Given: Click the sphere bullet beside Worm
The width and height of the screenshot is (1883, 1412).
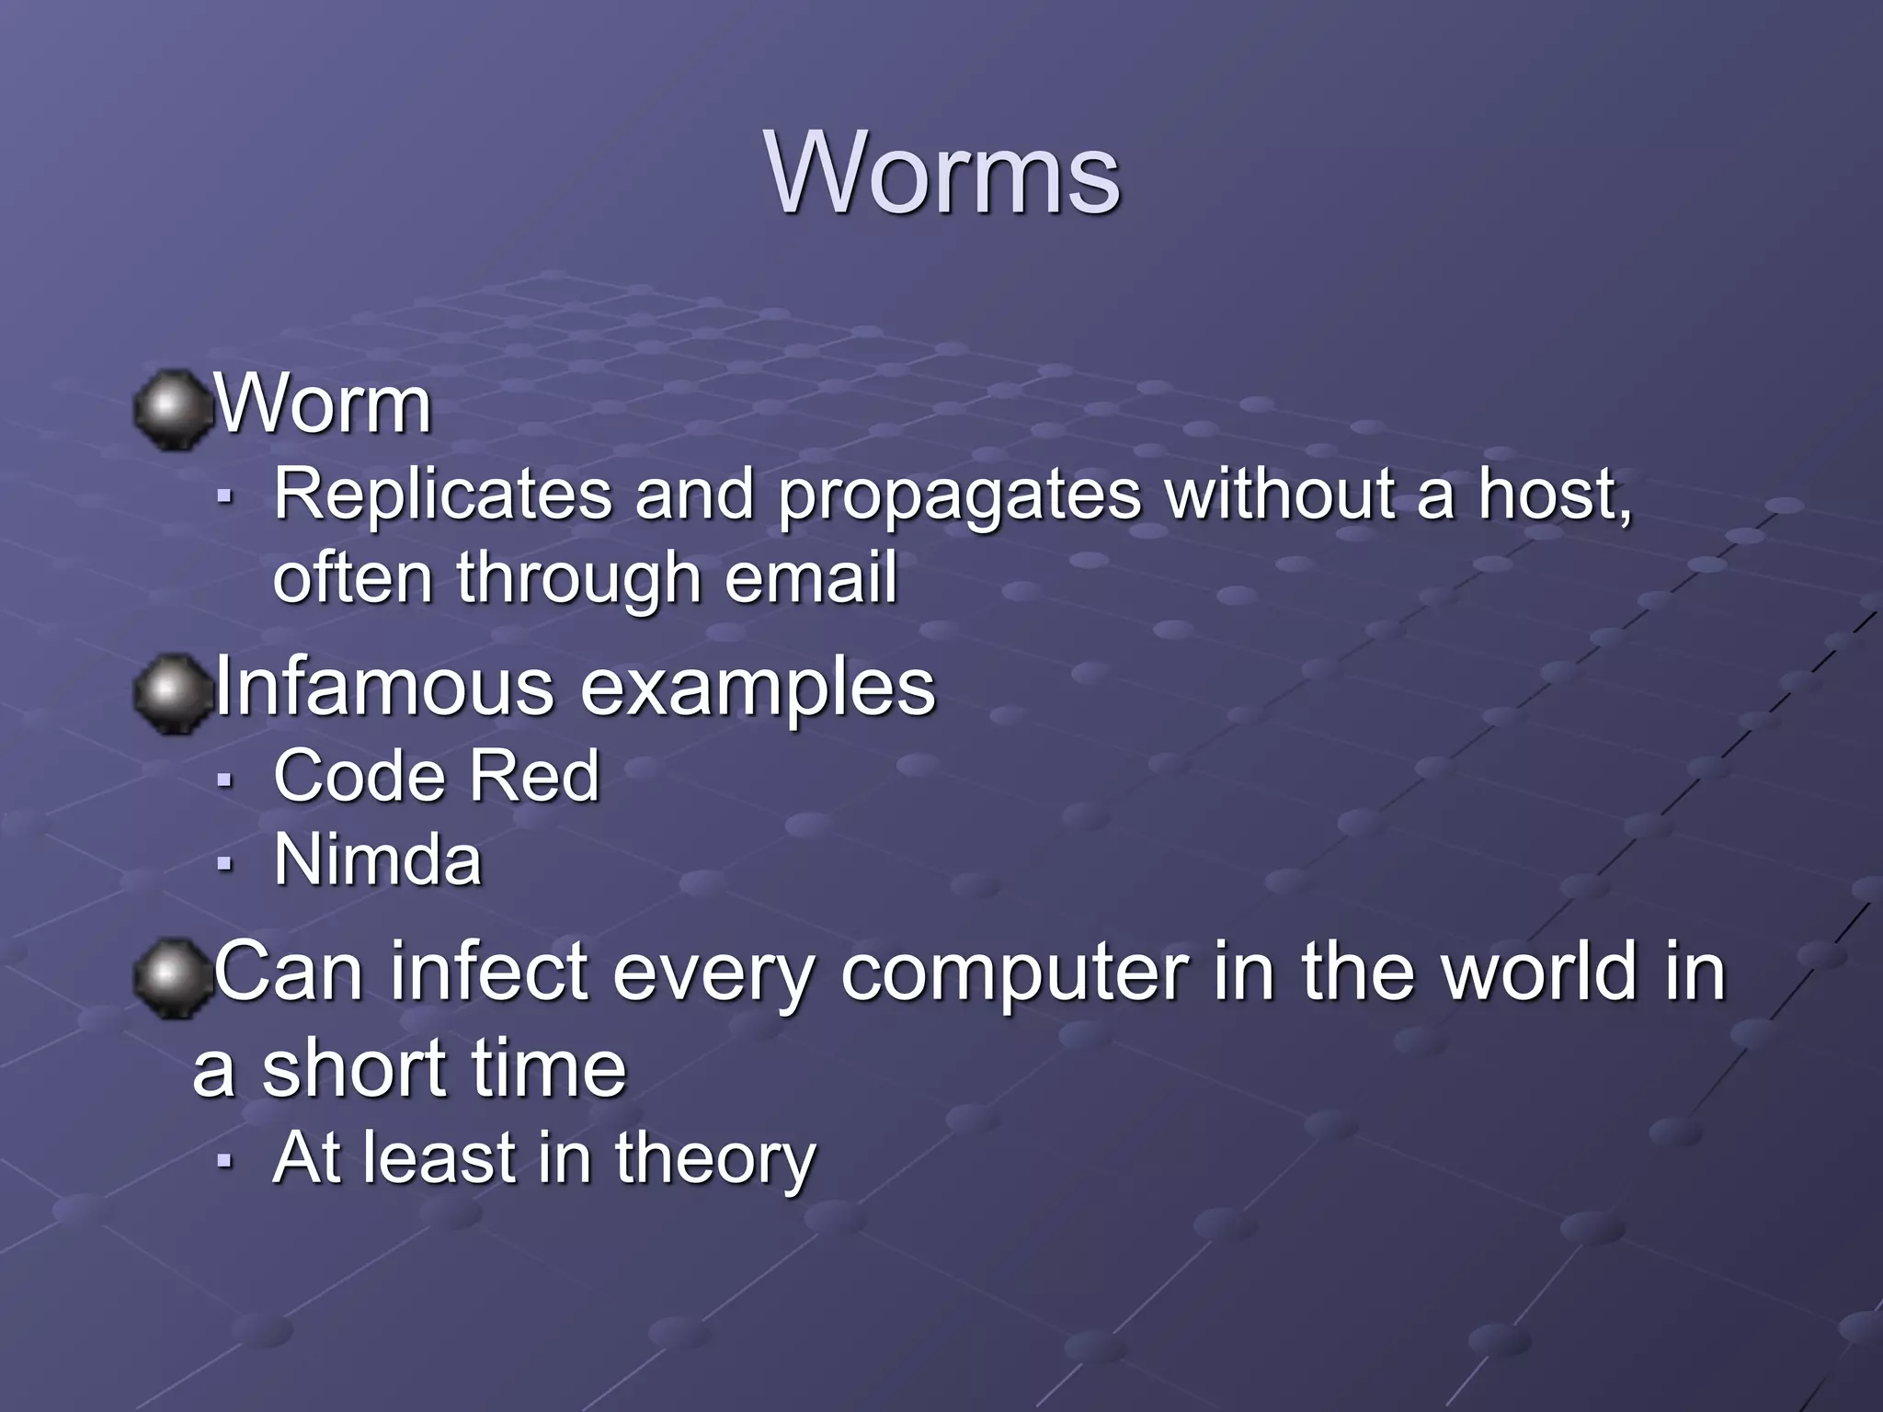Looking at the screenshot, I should pyautogui.click(x=171, y=409).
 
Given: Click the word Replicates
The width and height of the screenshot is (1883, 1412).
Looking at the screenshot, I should pyautogui.click(x=442, y=495).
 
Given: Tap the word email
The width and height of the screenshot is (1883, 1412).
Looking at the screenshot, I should pyautogui.click(x=810, y=578).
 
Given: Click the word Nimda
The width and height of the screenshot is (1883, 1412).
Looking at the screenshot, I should pyautogui.click(x=378, y=860).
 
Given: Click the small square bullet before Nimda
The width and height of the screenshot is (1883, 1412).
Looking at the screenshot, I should pyautogui.click(x=223, y=863).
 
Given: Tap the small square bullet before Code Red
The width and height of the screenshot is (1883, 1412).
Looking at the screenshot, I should pyautogui.click(x=223, y=779).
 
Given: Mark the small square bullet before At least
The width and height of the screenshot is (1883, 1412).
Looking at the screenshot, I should pyautogui.click(x=223, y=1160).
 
